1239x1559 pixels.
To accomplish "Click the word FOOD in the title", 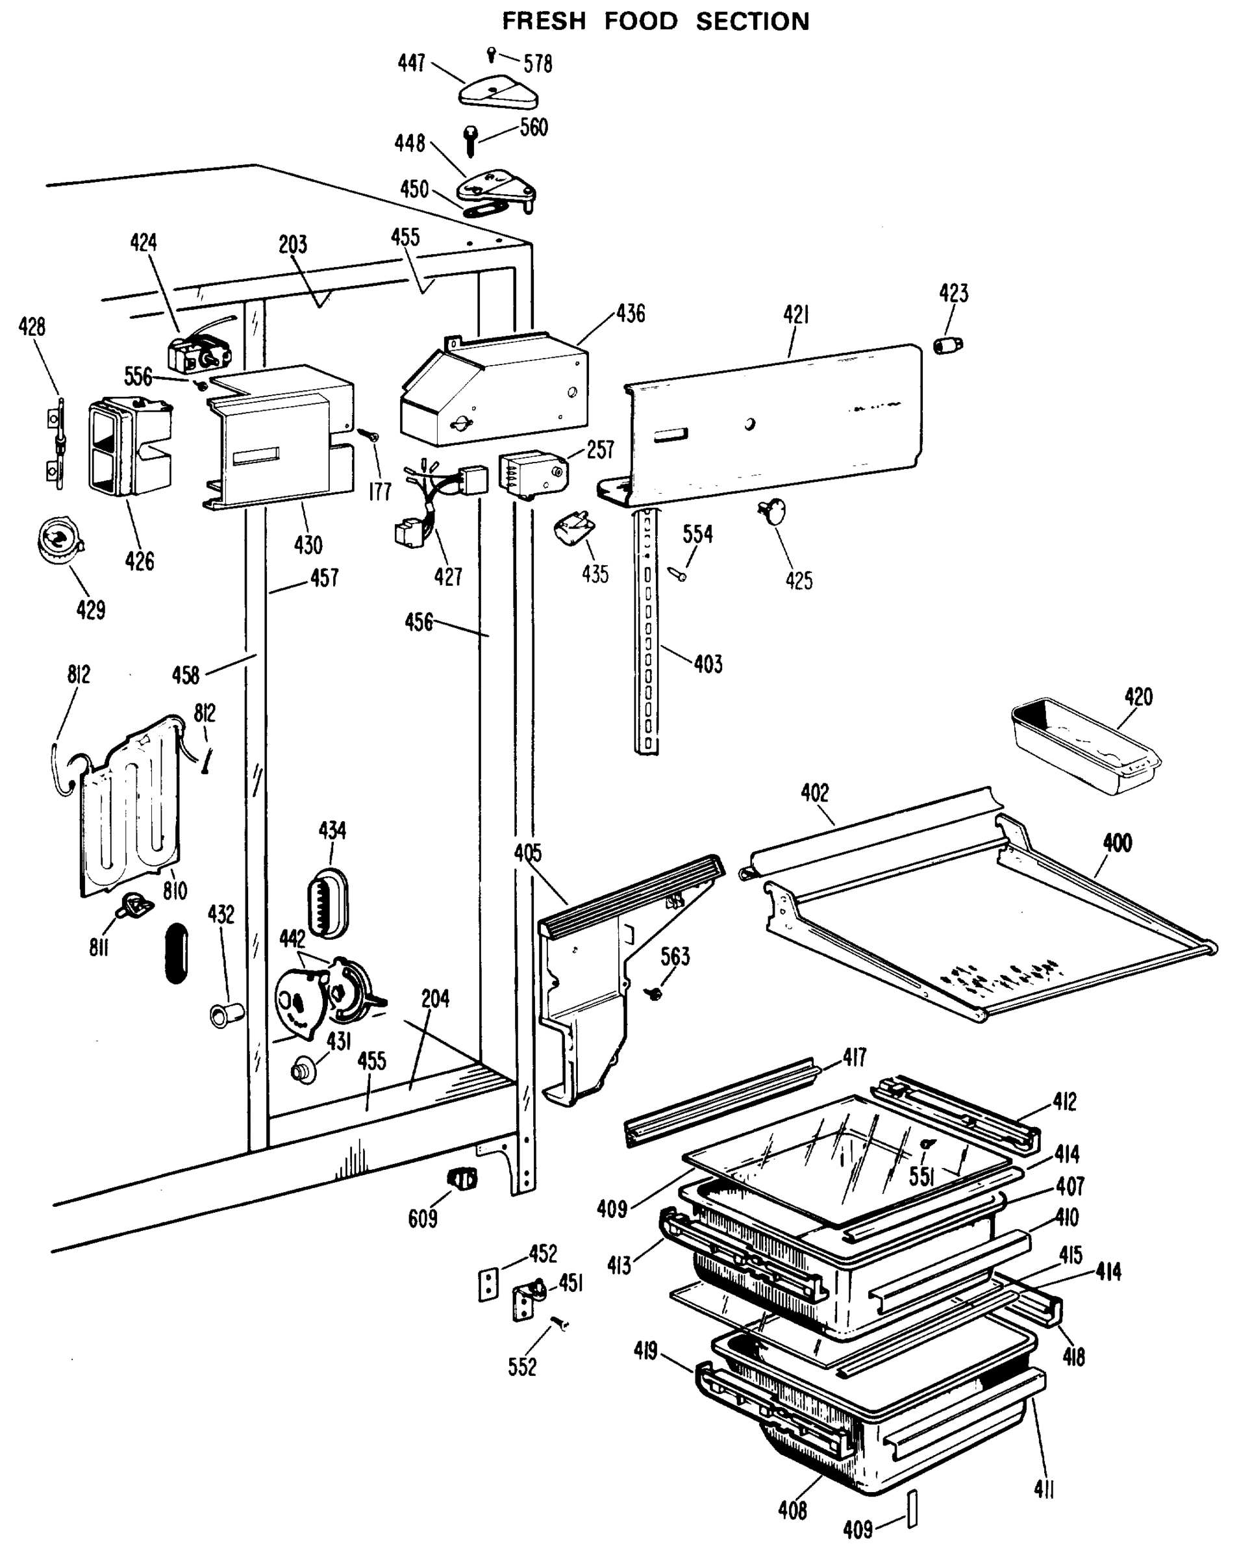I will (640, 21).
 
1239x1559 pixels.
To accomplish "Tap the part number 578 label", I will (538, 64).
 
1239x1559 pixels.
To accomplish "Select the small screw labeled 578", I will (492, 54).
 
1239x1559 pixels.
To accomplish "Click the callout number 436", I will (631, 314).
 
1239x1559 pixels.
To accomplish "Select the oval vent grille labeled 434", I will (329, 903).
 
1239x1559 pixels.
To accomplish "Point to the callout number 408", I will (792, 1510).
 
